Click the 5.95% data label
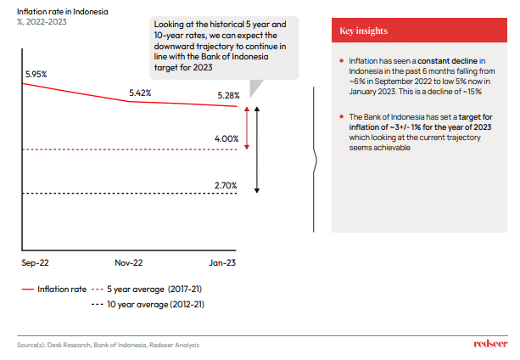[36, 75]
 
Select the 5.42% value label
[140, 92]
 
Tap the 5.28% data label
[227, 96]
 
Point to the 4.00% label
[226, 138]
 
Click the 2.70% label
[226, 184]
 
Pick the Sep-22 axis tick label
[35, 264]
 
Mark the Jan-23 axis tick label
[224, 264]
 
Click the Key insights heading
[364, 31]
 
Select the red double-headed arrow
[246, 128]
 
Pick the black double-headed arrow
[257, 149]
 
